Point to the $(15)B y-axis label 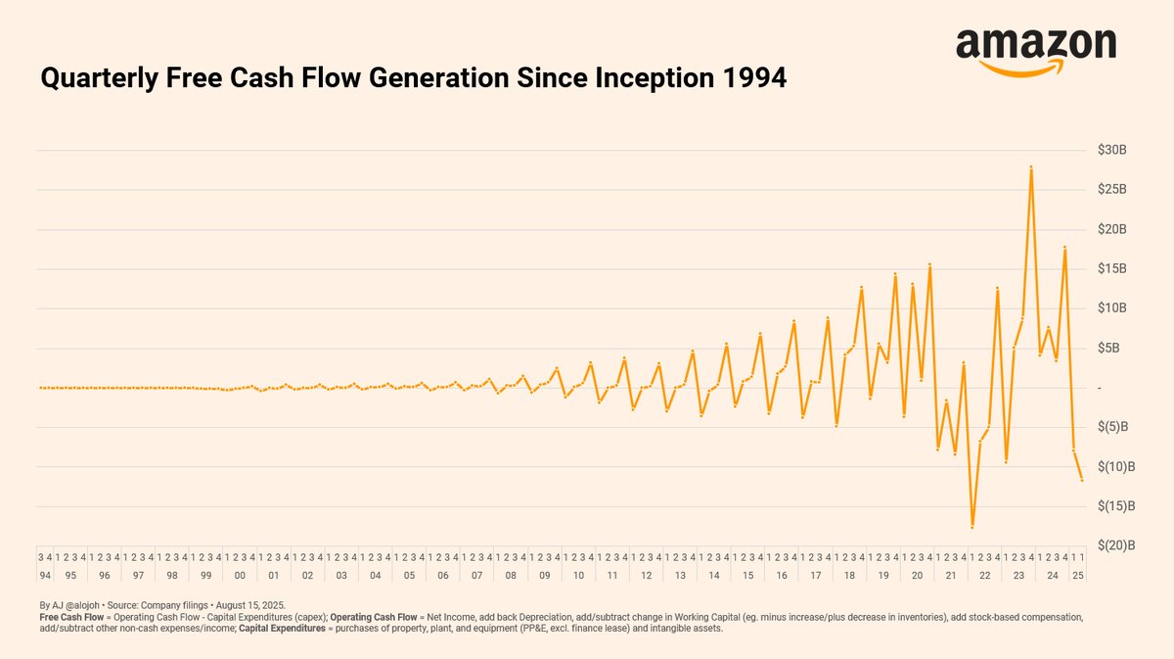[x=1116, y=506]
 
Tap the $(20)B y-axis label [x=1116, y=545]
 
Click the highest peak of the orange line [x=1031, y=167]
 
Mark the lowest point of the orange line [x=971, y=527]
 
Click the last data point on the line [x=1082, y=480]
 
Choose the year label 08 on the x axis [x=511, y=576]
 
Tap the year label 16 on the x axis [x=782, y=576]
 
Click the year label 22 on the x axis [x=984, y=576]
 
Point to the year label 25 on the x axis [x=1078, y=576]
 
